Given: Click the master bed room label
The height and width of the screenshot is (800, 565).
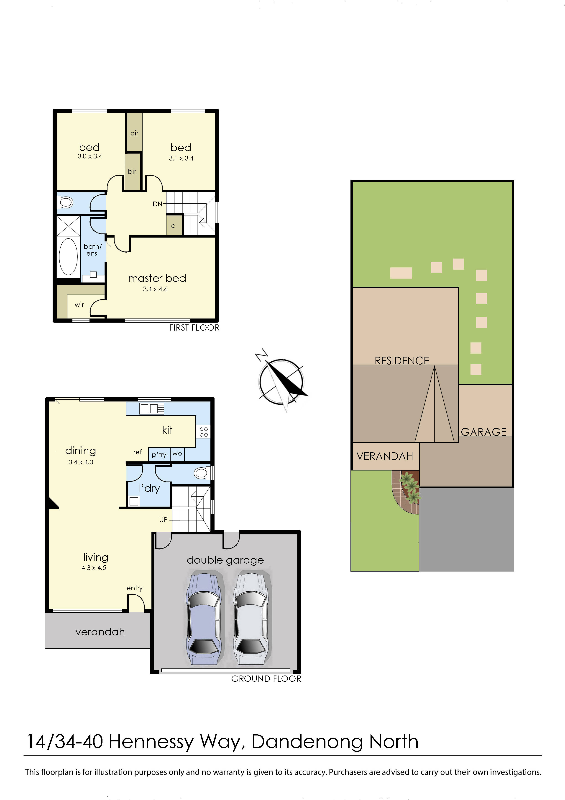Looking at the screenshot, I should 157,278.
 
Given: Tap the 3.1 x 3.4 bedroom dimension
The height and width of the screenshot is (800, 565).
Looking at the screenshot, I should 181,158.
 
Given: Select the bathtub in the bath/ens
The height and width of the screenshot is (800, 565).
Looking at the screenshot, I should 68,257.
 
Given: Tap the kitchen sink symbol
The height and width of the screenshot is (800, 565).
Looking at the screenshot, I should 151,408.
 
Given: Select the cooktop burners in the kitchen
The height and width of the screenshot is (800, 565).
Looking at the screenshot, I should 204,432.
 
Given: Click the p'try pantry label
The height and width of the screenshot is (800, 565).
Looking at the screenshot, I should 159,455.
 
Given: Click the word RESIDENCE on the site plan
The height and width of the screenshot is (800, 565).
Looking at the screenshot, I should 402,361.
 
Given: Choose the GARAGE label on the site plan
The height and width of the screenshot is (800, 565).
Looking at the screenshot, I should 483,432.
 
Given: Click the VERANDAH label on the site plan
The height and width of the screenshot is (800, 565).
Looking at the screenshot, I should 385,456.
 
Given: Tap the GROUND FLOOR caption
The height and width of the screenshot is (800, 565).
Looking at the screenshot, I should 266,679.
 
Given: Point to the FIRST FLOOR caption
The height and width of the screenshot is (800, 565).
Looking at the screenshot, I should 194,328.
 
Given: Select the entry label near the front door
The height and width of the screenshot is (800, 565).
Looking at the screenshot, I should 135,588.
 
